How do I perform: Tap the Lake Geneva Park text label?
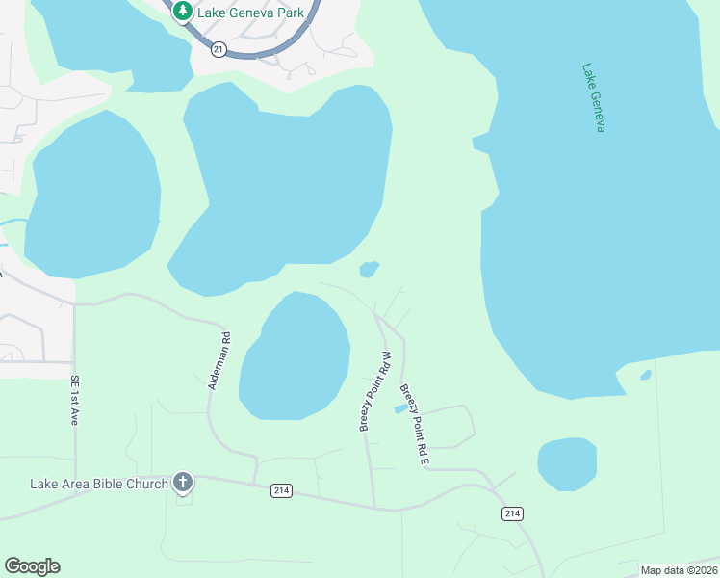(250, 13)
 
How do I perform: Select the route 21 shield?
(219, 49)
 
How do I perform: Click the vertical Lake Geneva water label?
(594, 97)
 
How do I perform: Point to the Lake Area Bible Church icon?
(183, 484)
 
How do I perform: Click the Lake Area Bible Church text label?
(99, 484)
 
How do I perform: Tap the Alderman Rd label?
(219, 361)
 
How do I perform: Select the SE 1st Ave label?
(73, 400)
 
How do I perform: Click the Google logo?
(32, 566)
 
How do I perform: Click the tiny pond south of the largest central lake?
(369, 269)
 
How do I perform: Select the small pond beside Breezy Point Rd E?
(400, 408)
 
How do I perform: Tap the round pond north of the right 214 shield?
(567, 463)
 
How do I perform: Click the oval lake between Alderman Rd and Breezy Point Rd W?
(295, 356)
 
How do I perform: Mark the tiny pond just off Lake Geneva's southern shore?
(646, 375)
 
